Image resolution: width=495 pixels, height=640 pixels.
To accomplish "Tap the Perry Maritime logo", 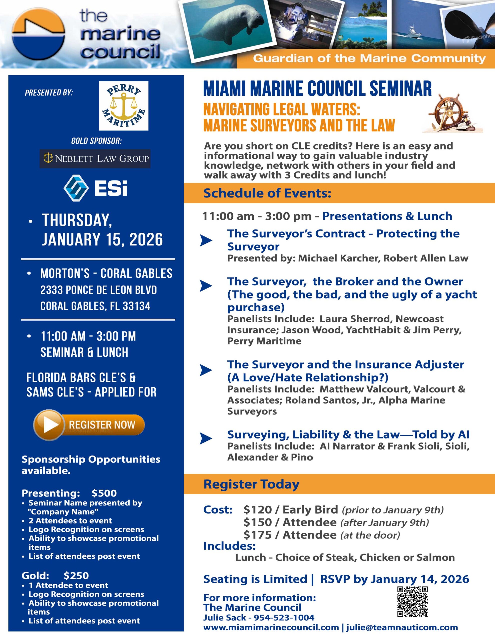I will click(x=124, y=106).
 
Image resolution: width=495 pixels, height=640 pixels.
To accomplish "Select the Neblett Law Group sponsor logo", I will click(x=95, y=158).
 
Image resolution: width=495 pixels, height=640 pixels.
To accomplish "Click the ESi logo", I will click(x=96, y=188).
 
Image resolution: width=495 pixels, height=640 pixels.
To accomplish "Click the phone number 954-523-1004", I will click(x=284, y=617).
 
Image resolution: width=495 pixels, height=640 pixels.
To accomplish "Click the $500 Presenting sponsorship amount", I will click(x=104, y=493).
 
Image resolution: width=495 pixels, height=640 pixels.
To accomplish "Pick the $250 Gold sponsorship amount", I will click(x=76, y=575).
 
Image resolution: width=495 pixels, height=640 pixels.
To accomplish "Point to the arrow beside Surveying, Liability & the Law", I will click(x=206, y=438).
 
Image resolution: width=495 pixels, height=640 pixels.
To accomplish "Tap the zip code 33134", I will click(x=136, y=306).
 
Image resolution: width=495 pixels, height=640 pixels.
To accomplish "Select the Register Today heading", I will click(x=251, y=484).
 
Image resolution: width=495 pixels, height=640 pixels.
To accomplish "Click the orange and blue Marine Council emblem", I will click(x=39, y=34).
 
